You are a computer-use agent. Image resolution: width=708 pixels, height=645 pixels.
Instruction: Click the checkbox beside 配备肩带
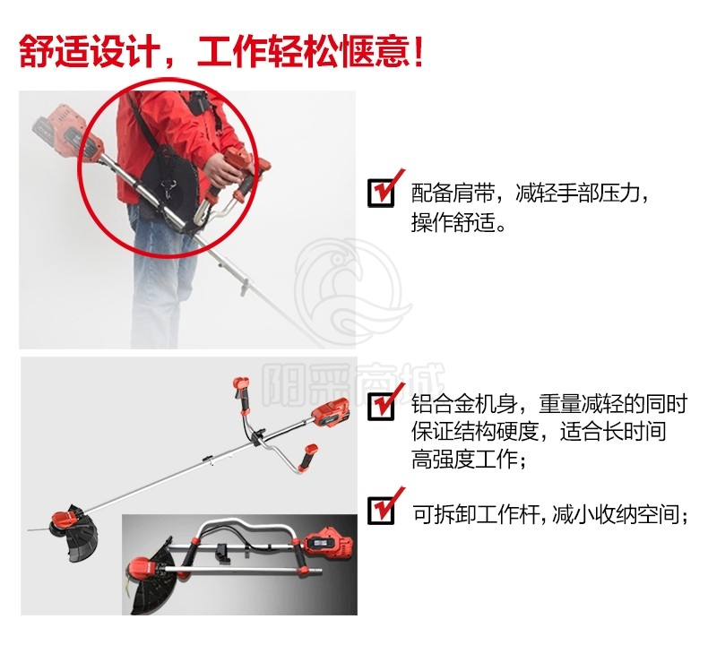(x=381, y=193)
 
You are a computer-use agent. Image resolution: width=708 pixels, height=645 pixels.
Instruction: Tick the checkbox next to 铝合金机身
(x=381, y=406)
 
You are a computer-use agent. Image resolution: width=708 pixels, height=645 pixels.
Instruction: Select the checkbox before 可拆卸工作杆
(x=381, y=510)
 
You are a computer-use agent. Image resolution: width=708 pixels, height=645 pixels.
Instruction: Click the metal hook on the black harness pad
(x=168, y=187)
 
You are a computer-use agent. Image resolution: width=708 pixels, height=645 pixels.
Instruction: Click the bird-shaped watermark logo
(x=350, y=292)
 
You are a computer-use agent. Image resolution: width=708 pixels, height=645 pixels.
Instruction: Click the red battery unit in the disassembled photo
(x=328, y=543)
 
